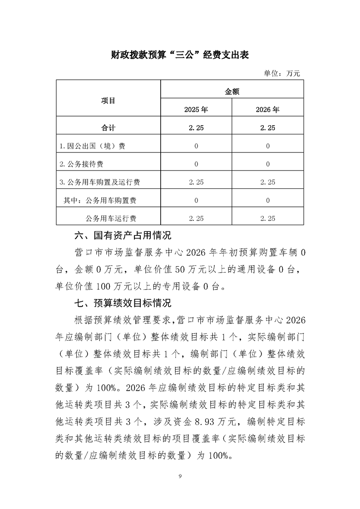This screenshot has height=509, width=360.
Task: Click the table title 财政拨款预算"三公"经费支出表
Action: pyautogui.click(x=180, y=55)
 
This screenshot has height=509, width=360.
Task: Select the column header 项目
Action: pyautogui.click(x=108, y=100)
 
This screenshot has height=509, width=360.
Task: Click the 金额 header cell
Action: pyautogui.click(x=232, y=91)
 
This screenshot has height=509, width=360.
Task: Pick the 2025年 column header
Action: pyautogui.click(x=196, y=109)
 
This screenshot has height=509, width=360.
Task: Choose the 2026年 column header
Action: pyautogui.click(x=267, y=109)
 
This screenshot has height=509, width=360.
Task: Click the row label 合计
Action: pyautogui.click(x=108, y=128)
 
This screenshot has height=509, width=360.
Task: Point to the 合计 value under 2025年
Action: pyautogui.click(x=196, y=128)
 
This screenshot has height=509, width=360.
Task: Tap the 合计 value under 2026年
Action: pyautogui.click(x=267, y=128)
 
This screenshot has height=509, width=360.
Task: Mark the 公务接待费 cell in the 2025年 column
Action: pyautogui.click(x=196, y=164)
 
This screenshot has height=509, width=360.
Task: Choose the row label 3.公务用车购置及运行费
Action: pyautogui.click(x=99, y=182)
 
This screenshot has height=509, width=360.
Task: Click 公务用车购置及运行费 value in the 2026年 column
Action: pyautogui.click(x=267, y=182)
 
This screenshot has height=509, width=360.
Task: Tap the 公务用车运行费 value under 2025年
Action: pyautogui.click(x=196, y=218)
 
